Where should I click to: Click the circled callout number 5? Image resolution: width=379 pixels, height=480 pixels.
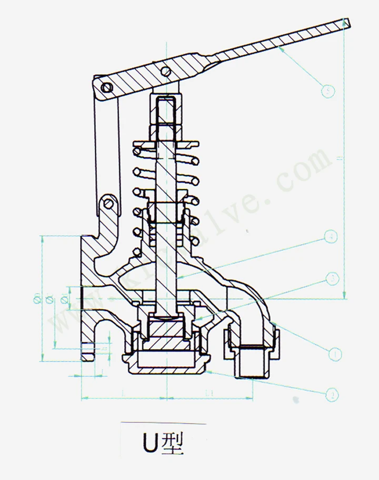pyautogui.click(x=327, y=91)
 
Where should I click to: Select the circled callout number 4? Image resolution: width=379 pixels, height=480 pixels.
pyautogui.click(x=330, y=237)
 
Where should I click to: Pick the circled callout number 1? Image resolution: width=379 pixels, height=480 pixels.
pyautogui.click(x=335, y=354)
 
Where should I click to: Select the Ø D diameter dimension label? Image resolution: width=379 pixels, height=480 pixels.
pyautogui.click(x=37, y=299)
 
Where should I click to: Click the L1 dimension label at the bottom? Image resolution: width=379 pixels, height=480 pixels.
pyautogui.click(x=209, y=393)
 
